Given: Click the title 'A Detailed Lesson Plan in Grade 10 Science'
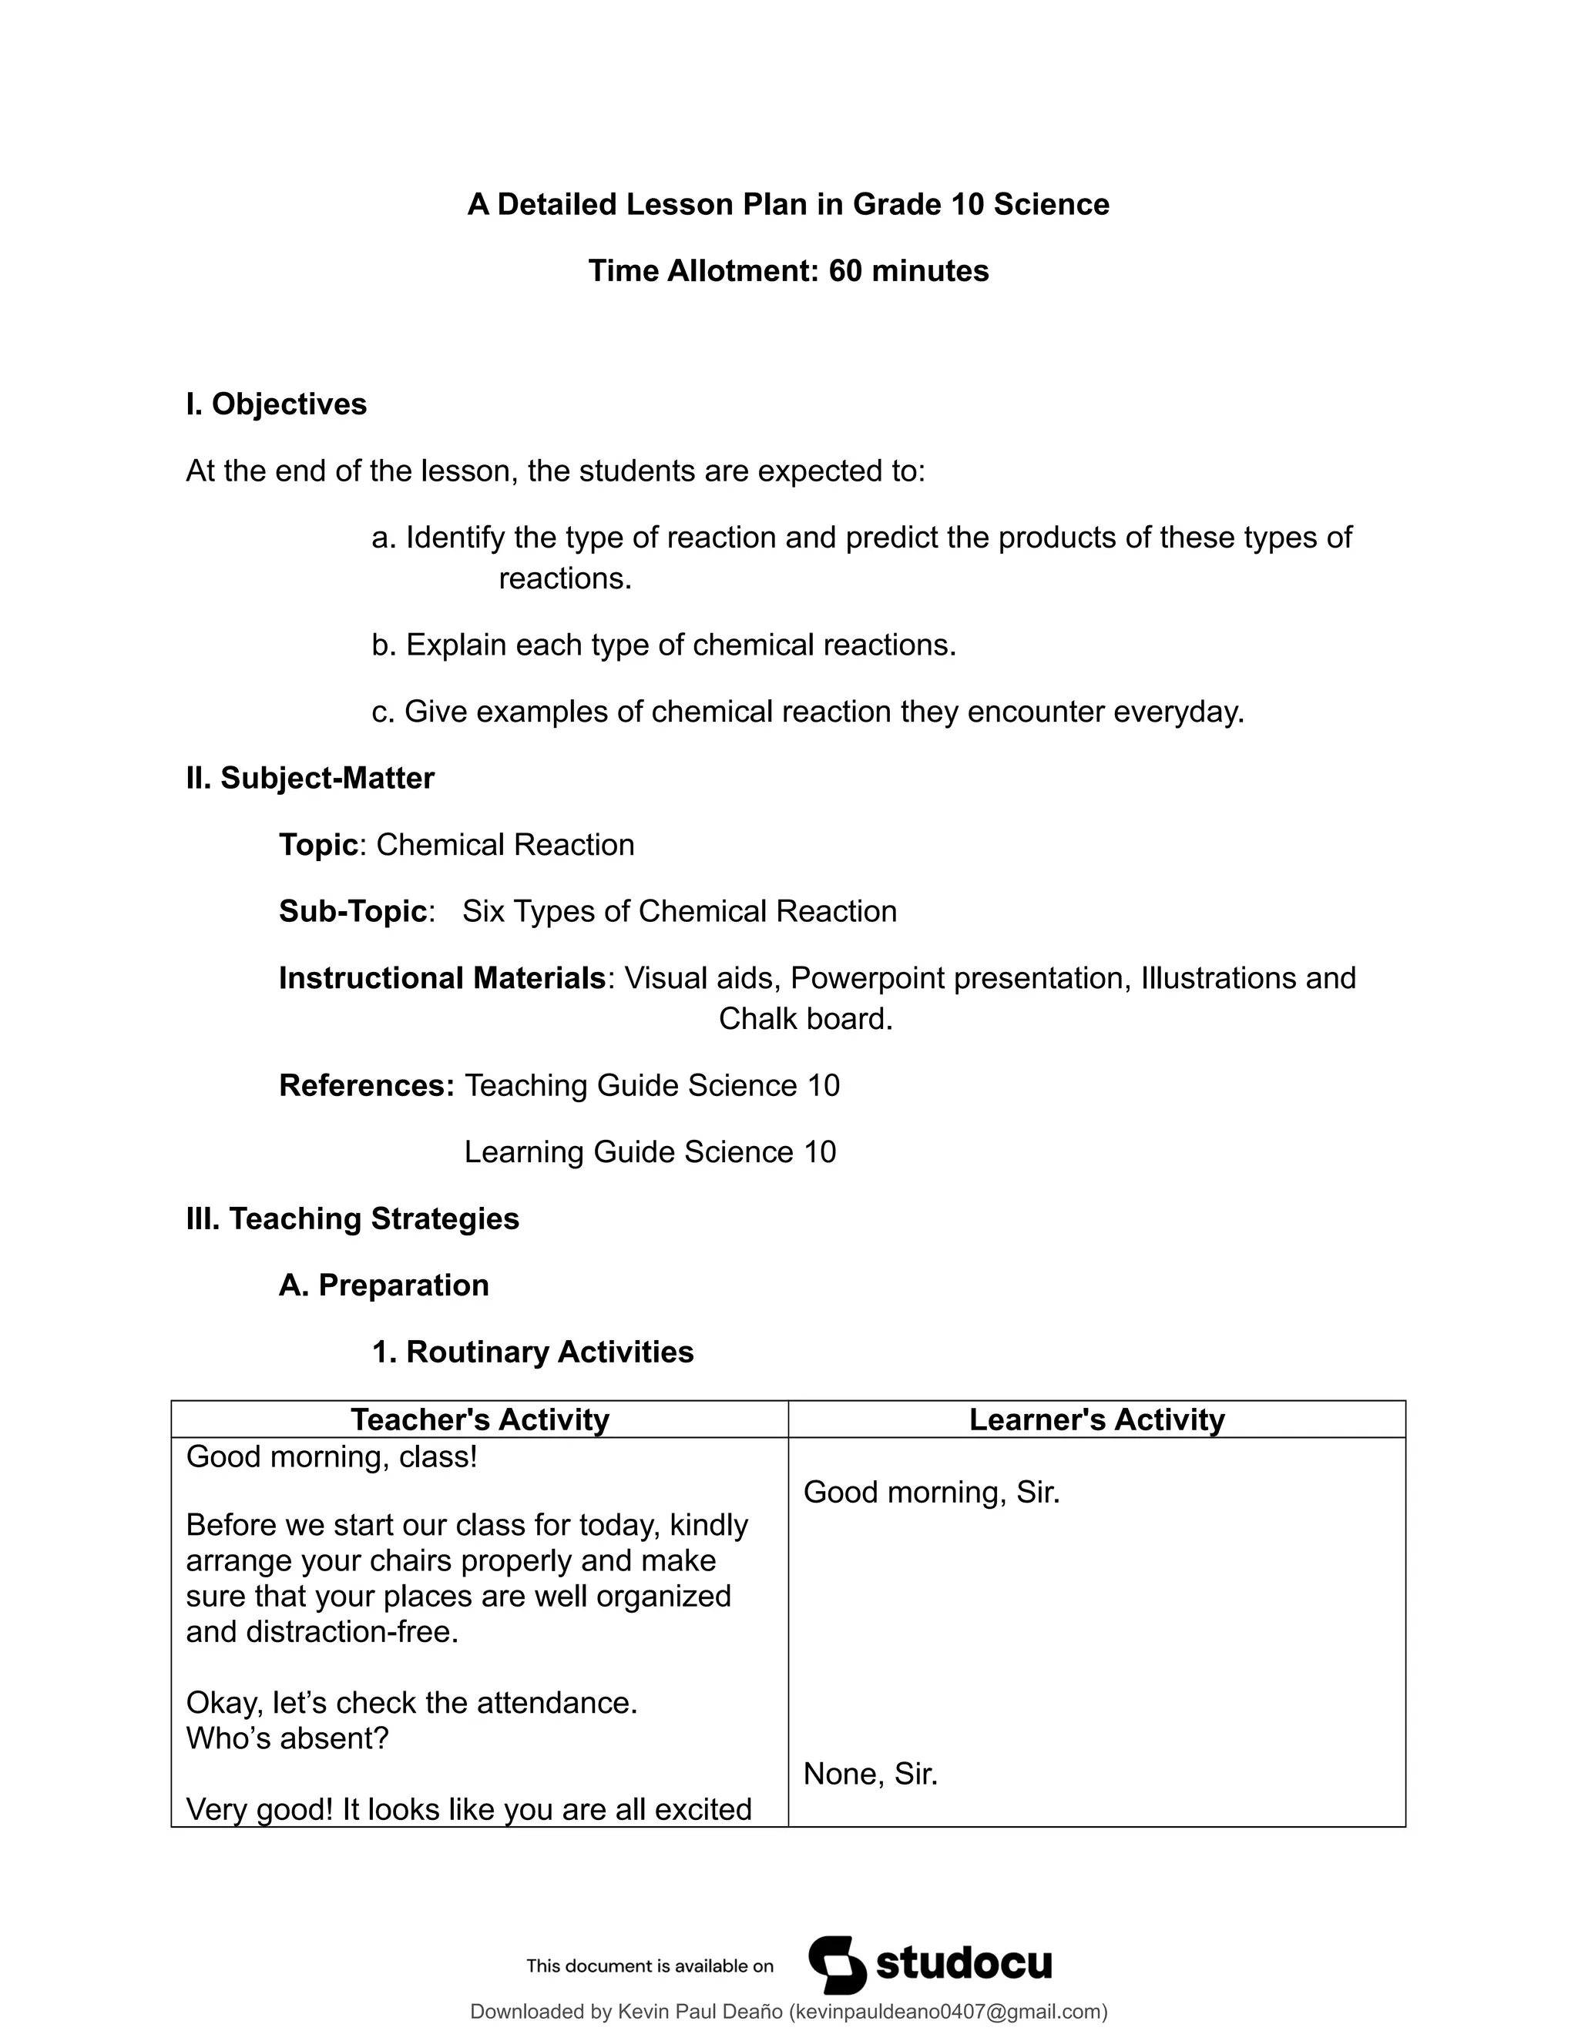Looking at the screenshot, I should click(x=788, y=205).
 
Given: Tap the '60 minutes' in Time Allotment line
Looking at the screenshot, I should click(x=908, y=271).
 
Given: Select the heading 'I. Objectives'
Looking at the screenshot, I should click(x=277, y=404).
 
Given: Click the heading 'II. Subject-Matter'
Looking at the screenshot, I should click(x=311, y=779).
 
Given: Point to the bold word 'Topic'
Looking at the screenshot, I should click(x=319, y=845).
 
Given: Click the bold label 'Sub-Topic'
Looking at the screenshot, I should click(x=354, y=911).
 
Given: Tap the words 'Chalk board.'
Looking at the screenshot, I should click(x=806, y=1019).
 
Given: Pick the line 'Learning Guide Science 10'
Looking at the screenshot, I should click(x=650, y=1152).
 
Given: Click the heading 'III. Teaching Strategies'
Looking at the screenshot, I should click(x=352, y=1218).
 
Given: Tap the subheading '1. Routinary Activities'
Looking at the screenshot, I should click(x=533, y=1352).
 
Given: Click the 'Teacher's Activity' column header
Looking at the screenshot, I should click(x=479, y=1419).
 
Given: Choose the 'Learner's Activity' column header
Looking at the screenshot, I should click(x=1096, y=1419).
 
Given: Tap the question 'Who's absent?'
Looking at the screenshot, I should click(x=287, y=1738).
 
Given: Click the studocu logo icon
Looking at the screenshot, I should click(x=838, y=1965).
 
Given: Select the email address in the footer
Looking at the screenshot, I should click(x=948, y=2012).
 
